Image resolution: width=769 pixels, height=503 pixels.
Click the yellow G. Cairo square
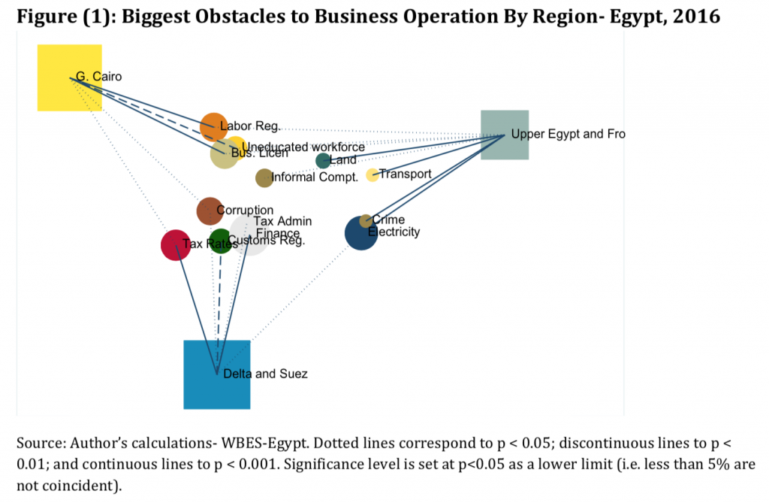pos(70,77)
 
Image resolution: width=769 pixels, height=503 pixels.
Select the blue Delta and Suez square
pos(216,374)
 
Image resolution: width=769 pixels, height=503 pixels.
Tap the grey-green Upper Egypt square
pos(505,135)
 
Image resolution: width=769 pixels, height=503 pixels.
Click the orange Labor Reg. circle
pos(213,126)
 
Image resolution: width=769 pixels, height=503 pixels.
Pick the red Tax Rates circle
pos(176,245)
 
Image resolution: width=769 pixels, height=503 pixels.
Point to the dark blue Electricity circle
pos(360,233)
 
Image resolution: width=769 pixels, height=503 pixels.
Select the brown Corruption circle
pos(210,211)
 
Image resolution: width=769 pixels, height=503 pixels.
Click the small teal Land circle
pos(323,161)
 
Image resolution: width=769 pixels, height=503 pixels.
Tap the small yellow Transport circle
pos(372,175)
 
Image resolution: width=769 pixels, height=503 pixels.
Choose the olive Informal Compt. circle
pos(264,178)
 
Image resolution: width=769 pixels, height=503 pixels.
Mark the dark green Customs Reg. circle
pos(220,241)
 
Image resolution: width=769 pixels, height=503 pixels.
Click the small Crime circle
pos(366,220)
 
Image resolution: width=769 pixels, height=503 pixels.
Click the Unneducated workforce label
pos(303,147)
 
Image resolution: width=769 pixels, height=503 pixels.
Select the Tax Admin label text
pos(282,221)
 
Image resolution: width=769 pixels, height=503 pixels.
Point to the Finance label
pos(277,233)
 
